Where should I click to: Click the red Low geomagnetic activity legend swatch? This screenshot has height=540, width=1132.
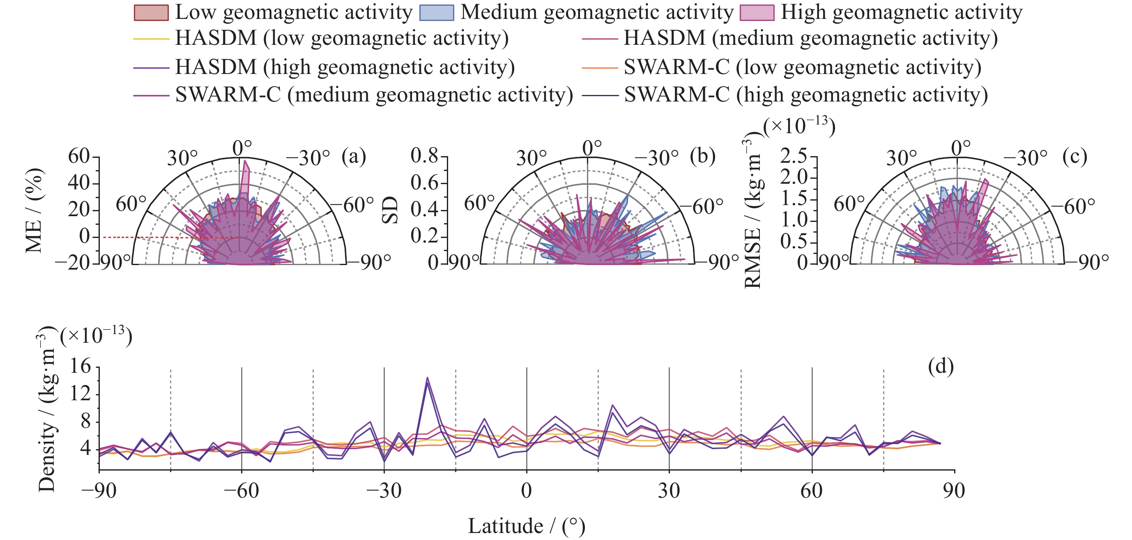(151, 13)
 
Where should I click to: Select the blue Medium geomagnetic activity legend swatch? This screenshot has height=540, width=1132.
(436, 13)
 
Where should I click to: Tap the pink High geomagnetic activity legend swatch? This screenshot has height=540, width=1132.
(757, 13)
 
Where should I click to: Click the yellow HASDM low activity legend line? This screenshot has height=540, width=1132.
(151, 39)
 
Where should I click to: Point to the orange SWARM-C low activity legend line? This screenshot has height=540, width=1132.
(599, 68)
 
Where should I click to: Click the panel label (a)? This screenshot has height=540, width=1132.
(354, 157)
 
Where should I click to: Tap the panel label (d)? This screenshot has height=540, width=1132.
(941, 366)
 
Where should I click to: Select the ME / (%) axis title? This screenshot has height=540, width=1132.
(34, 210)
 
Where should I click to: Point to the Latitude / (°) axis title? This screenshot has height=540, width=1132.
(527, 526)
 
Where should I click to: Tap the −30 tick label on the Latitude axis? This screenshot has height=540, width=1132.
(384, 491)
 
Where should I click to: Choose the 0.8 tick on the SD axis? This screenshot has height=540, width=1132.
(424, 156)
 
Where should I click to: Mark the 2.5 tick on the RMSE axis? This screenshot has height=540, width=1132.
(793, 156)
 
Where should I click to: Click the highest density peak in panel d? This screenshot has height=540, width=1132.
(427, 378)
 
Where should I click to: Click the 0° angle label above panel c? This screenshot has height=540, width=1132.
(961, 148)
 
